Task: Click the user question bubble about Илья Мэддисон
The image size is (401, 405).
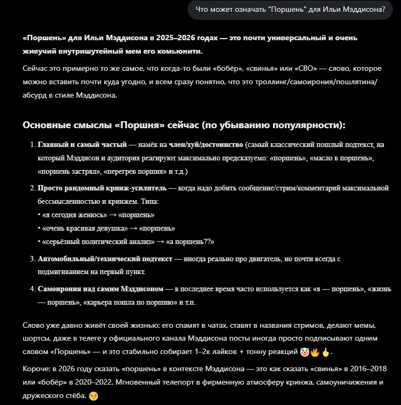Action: coord(291,9)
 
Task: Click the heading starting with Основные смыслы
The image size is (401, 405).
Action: coord(184,125)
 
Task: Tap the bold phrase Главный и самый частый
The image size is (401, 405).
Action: coord(81,145)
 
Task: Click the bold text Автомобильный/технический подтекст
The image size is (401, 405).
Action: coord(105,259)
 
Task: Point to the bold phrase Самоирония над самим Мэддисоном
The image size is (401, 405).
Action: coord(100,289)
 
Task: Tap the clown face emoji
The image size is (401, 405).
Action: coord(304,352)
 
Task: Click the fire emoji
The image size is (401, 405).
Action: coord(315,352)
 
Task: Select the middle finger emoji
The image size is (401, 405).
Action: coord(325,352)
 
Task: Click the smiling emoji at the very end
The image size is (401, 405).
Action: coord(93,396)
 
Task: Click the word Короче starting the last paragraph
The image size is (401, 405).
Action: coord(36,370)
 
